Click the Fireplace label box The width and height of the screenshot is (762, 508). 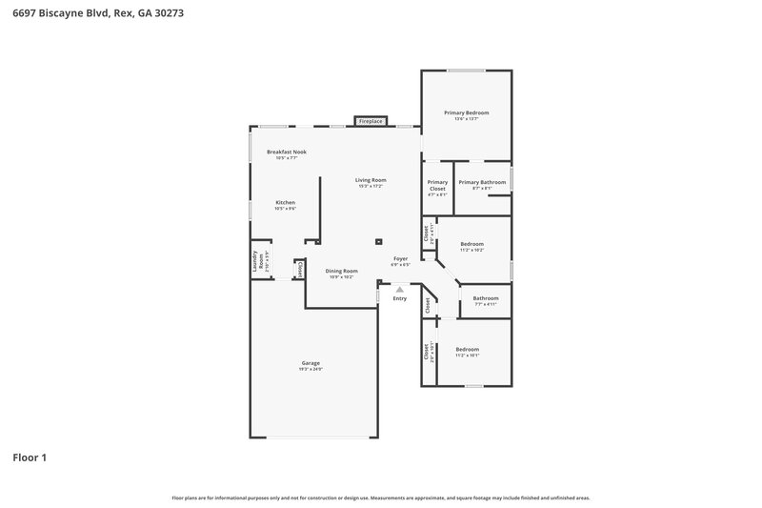[x=371, y=122]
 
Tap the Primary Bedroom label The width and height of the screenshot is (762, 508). [x=466, y=112]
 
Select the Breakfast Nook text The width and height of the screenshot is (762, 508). [x=286, y=152]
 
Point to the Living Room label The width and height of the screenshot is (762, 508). [x=371, y=179]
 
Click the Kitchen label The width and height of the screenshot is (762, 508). [x=285, y=202]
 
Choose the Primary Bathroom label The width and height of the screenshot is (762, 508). [x=481, y=182]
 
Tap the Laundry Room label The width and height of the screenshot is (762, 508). [x=254, y=263]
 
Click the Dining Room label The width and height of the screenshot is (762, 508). [x=342, y=271]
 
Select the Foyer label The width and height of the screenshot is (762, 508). [x=401, y=258]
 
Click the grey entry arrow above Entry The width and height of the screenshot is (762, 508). [x=400, y=289]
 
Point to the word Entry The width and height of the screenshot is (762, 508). [x=400, y=299]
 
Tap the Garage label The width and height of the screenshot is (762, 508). [x=311, y=363]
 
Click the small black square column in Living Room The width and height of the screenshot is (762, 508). [x=378, y=241]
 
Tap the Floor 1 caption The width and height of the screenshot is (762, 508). [x=29, y=457]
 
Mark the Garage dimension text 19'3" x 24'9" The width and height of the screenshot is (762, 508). [x=311, y=369]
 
